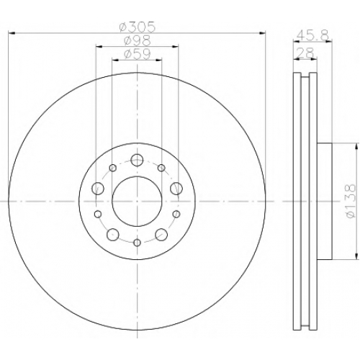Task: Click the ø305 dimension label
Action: click(138, 27)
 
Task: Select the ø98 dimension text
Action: click(138, 40)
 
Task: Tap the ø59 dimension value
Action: click(138, 54)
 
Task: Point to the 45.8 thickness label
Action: click(312, 36)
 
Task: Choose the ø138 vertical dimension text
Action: click(351, 201)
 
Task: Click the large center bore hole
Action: click(137, 201)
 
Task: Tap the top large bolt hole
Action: click(137, 160)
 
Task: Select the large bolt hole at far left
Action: click(97, 188)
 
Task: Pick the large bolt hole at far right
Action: click(176, 188)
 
